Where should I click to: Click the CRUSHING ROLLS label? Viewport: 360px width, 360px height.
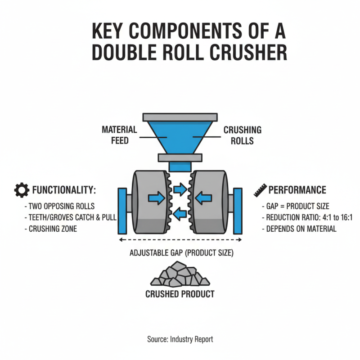click(x=242, y=135)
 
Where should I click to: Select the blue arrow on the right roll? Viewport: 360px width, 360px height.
click(x=205, y=196)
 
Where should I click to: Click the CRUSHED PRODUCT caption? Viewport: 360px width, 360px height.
click(x=180, y=294)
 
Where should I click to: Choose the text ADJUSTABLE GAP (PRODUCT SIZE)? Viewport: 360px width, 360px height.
click(x=180, y=253)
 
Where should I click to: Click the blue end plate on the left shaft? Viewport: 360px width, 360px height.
click(x=121, y=210)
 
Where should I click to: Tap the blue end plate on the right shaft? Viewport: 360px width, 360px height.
click(x=238, y=210)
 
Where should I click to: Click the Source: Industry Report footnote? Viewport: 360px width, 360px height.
click(x=180, y=339)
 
